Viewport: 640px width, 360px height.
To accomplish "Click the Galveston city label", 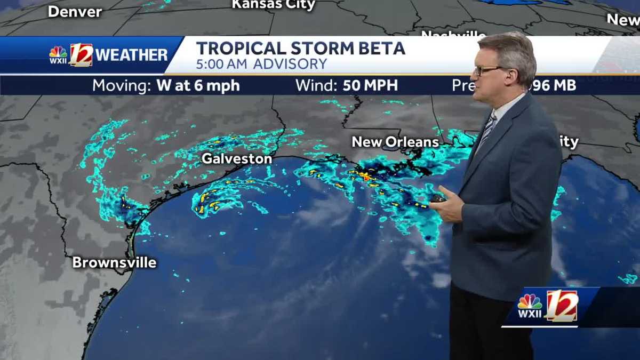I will pos(236,158).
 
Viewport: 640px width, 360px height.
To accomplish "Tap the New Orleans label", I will pos(395,142).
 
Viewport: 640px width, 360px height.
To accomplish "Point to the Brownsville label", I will pos(114,262).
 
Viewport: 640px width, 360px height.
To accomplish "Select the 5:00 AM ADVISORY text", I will pos(261,65).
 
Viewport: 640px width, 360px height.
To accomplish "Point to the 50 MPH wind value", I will pos(370,85).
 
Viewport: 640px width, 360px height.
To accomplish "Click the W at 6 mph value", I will pos(198,85).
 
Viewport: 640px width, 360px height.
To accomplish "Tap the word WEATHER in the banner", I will pos(131,55).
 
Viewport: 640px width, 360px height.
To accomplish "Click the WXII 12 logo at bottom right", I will pos(548,306).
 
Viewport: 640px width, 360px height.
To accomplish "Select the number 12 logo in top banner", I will pos(81,54).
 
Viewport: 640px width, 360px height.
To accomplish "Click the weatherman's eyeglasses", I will pos(488,70).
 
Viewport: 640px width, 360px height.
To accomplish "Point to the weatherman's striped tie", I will pos(486,131).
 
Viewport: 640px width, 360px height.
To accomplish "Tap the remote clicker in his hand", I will pos(439,197).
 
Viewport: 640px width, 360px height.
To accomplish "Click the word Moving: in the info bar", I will pos(122,85).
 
